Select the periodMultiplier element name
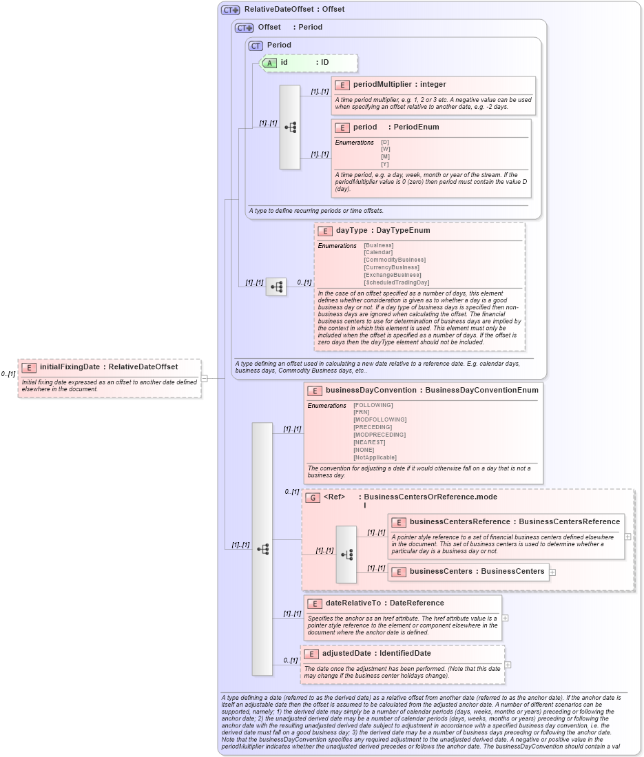click(382, 84)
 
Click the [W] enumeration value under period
click(385, 149)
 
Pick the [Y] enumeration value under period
click(385, 164)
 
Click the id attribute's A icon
click(269, 63)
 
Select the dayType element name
click(351, 230)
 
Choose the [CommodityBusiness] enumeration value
click(395, 260)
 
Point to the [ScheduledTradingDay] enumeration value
click(396, 282)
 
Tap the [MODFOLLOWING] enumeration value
click(380, 419)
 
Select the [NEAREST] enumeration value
click(369, 442)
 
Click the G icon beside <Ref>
click(313, 497)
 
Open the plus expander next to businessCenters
click(552, 572)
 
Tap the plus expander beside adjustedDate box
click(508, 665)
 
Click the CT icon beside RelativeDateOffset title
click(230, 10)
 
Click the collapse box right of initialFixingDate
click(204, 377)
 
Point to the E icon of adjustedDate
click(311, 654)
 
